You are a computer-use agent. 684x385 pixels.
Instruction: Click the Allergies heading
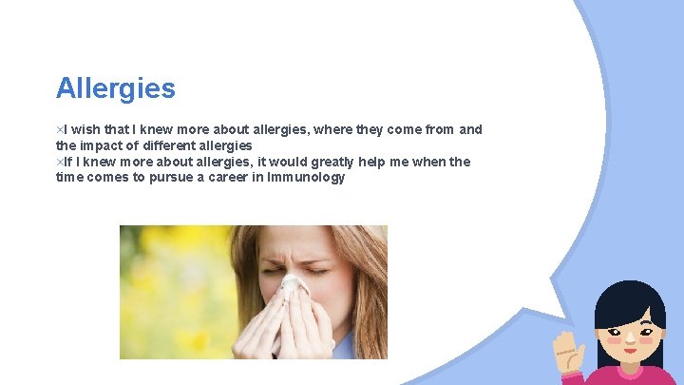(115, 88)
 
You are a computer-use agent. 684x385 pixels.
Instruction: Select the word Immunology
(306, 177)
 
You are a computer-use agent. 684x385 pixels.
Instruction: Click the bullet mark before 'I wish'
(59, 129)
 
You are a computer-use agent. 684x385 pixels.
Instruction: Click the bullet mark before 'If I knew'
(59, 162)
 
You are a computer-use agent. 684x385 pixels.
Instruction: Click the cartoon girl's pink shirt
(627, 377)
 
